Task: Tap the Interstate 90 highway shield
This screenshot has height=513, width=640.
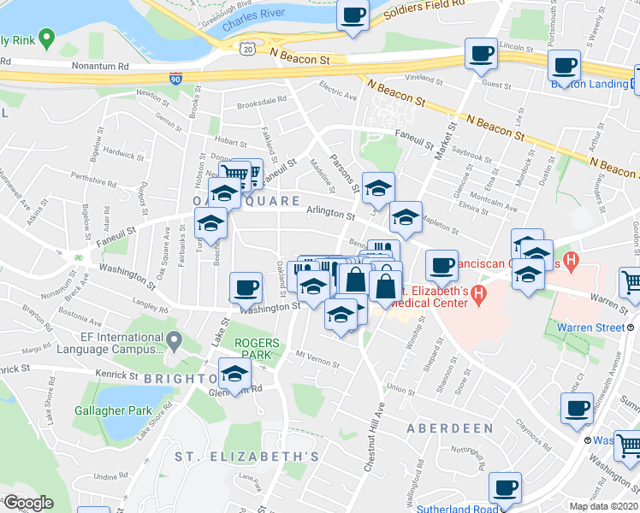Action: coord(175,77)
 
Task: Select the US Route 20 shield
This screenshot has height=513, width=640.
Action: coord(246,50)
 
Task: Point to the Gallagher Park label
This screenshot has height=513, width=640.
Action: coord(121,410)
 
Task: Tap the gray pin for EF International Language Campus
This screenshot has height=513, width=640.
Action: coord(174,342)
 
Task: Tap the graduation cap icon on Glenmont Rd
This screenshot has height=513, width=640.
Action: coord(235,373)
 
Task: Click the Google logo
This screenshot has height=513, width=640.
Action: coord(28,503)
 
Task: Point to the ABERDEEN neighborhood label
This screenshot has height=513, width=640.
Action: coord(449,427)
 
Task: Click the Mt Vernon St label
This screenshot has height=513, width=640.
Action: coord(312,353)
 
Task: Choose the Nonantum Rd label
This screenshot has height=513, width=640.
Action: coord(99,65)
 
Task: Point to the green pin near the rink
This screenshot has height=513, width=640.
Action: coord(47,38)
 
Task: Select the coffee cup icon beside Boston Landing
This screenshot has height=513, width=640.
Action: coord(564,65)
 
